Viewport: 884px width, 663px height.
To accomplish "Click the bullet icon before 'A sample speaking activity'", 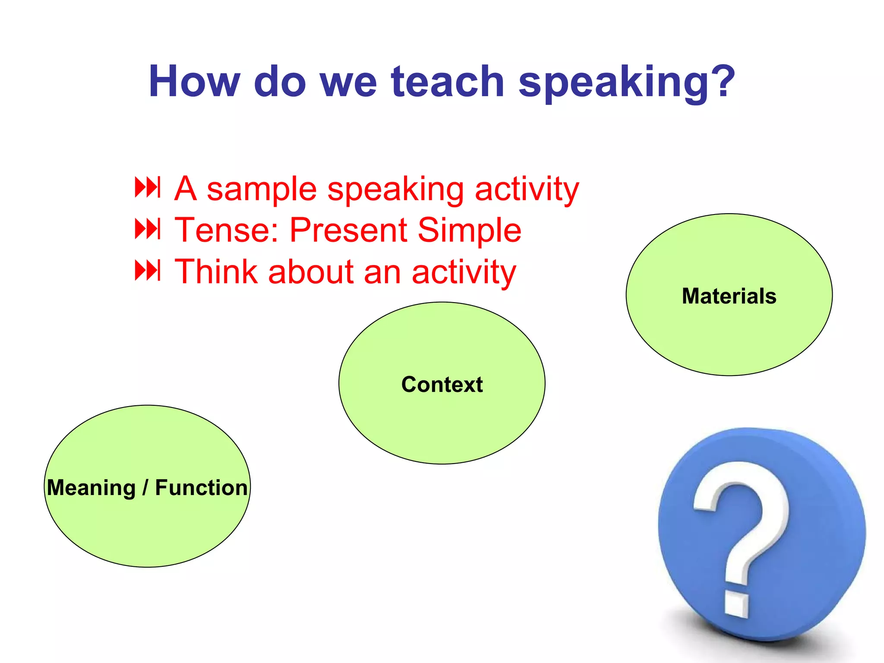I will (148, 187).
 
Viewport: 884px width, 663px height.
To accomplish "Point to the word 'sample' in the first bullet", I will (262, 190).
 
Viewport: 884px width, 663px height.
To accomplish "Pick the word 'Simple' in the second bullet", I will (470, 231).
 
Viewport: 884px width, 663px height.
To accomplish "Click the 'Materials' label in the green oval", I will (729, 296).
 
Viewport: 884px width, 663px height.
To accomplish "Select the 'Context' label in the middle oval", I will (442, 384).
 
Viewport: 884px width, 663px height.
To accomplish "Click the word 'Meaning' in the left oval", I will (92, 488).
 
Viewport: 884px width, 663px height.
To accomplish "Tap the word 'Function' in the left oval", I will (201, 487).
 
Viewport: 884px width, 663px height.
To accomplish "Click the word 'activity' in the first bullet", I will (527, 190).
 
